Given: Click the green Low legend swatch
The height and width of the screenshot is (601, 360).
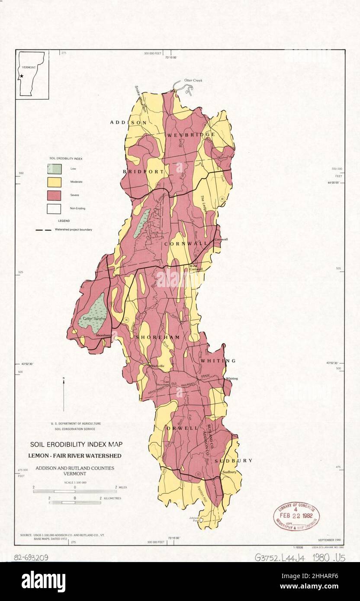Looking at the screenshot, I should pos(54,169).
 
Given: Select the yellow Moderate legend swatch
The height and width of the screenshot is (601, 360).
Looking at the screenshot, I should pos(54,182).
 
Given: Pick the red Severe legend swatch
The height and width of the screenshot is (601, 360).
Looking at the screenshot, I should pos(54,195).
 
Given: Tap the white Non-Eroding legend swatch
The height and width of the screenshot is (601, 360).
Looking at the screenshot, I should pos(54,208).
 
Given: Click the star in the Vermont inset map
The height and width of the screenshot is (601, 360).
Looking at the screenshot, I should pos(21,77).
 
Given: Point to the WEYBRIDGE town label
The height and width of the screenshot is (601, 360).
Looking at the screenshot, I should pos(190,135).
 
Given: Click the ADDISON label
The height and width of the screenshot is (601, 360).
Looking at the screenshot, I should pos(128,123).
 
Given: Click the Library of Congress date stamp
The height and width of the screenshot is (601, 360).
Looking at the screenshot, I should pos(296,516).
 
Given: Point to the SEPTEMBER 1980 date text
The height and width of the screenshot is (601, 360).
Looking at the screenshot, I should pos(329,540).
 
